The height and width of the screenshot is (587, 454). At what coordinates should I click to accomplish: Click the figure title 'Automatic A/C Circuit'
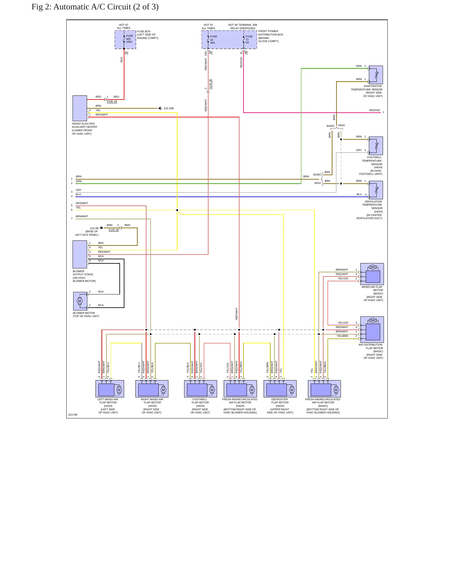click(x=92, y=7)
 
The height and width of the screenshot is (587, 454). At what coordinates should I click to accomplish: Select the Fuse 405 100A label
click(x=129, y=39)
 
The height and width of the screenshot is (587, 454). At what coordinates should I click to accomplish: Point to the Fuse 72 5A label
click(x=249, y=40)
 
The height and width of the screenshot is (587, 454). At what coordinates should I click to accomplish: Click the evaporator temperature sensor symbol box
click(x=376, y=75)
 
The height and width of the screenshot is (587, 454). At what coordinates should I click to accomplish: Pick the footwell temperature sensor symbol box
click(x=376, y=146)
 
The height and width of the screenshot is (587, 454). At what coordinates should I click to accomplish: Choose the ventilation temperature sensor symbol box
click(x=376, y=190)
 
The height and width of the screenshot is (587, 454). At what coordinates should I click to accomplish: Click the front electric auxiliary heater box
click(x=80, y=108)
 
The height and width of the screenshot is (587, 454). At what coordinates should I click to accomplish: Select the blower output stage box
click(x=80, y=254)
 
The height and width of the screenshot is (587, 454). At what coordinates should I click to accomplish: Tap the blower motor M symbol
click(x=79, y=301)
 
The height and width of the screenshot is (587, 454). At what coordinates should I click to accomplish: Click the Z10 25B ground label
click(x=169, y=108)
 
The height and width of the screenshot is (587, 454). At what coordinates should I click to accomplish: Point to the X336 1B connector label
click(x=112, y=101)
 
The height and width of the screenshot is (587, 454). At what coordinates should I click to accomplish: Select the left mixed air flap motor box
click(x=110, y=389)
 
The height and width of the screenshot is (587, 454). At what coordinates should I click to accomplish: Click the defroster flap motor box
click(x=280, y=389)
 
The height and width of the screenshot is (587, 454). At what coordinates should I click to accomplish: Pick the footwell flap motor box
click(x=200, y=389)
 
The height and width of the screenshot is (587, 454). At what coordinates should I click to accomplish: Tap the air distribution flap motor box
click(x=372, y=329)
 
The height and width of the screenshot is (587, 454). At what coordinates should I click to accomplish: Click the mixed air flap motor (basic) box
click(x=372, y=274)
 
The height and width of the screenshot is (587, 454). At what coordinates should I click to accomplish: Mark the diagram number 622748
click(x=73, y=415)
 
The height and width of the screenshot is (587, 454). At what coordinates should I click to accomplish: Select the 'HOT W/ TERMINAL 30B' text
click(x=243, y=25)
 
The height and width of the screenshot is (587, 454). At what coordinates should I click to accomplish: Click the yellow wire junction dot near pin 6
click(x=177, y=210)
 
